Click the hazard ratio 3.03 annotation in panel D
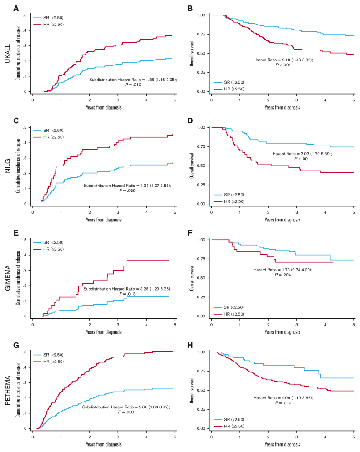[x=302, y=166]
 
